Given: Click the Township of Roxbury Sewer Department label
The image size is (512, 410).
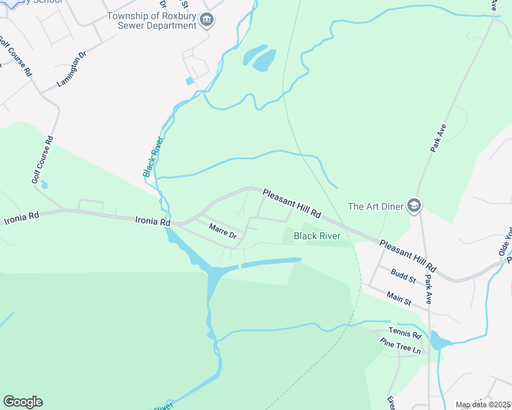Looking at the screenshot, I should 151,20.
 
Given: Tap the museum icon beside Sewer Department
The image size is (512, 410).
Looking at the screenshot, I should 206,21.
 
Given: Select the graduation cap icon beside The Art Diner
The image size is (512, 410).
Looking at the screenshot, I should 413,205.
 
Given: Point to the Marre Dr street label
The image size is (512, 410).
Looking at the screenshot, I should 222,231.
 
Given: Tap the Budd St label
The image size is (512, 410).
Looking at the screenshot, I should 403,275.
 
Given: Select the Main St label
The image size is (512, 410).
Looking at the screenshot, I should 398,298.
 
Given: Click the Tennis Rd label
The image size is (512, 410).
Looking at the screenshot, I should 404,334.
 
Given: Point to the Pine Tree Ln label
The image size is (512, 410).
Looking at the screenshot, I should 400,348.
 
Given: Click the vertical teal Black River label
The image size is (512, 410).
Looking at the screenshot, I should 153,157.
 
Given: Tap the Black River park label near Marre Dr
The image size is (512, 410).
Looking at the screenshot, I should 317,236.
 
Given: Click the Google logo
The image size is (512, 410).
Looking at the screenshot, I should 23,402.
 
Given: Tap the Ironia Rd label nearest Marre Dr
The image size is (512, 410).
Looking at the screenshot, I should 152,221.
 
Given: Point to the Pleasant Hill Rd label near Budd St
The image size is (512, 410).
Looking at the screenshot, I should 407,256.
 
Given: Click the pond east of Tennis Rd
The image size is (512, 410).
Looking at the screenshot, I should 439,340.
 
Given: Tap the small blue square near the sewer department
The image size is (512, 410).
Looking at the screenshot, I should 189,81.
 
